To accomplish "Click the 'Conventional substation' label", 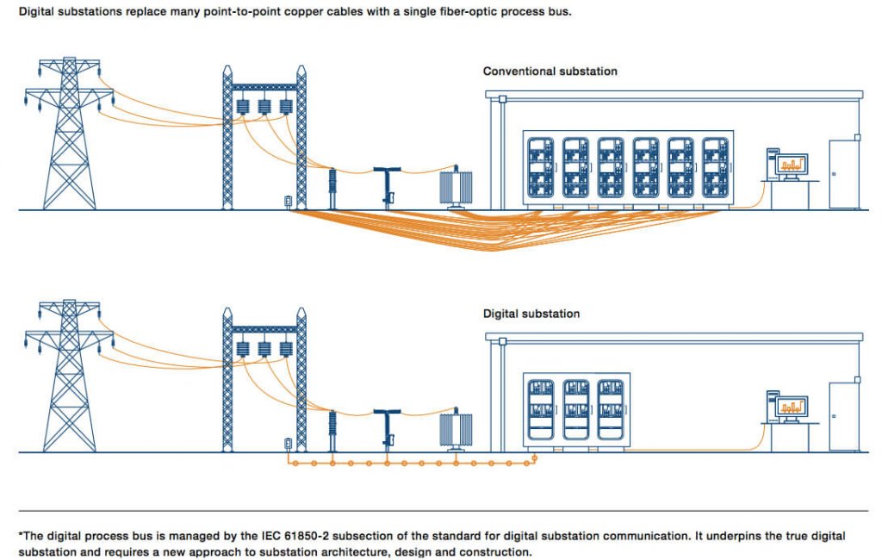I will click(x=550, y=71).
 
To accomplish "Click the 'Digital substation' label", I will click(x=531, y=314).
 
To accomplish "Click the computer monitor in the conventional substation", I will click(x=792, y=164).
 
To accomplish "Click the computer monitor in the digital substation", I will click(x=792, y=406).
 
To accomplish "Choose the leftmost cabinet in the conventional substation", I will click(x=540, y=168).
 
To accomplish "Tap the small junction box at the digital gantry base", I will click(x=288, y=445).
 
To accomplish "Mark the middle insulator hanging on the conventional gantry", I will click(x=264, y=107).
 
